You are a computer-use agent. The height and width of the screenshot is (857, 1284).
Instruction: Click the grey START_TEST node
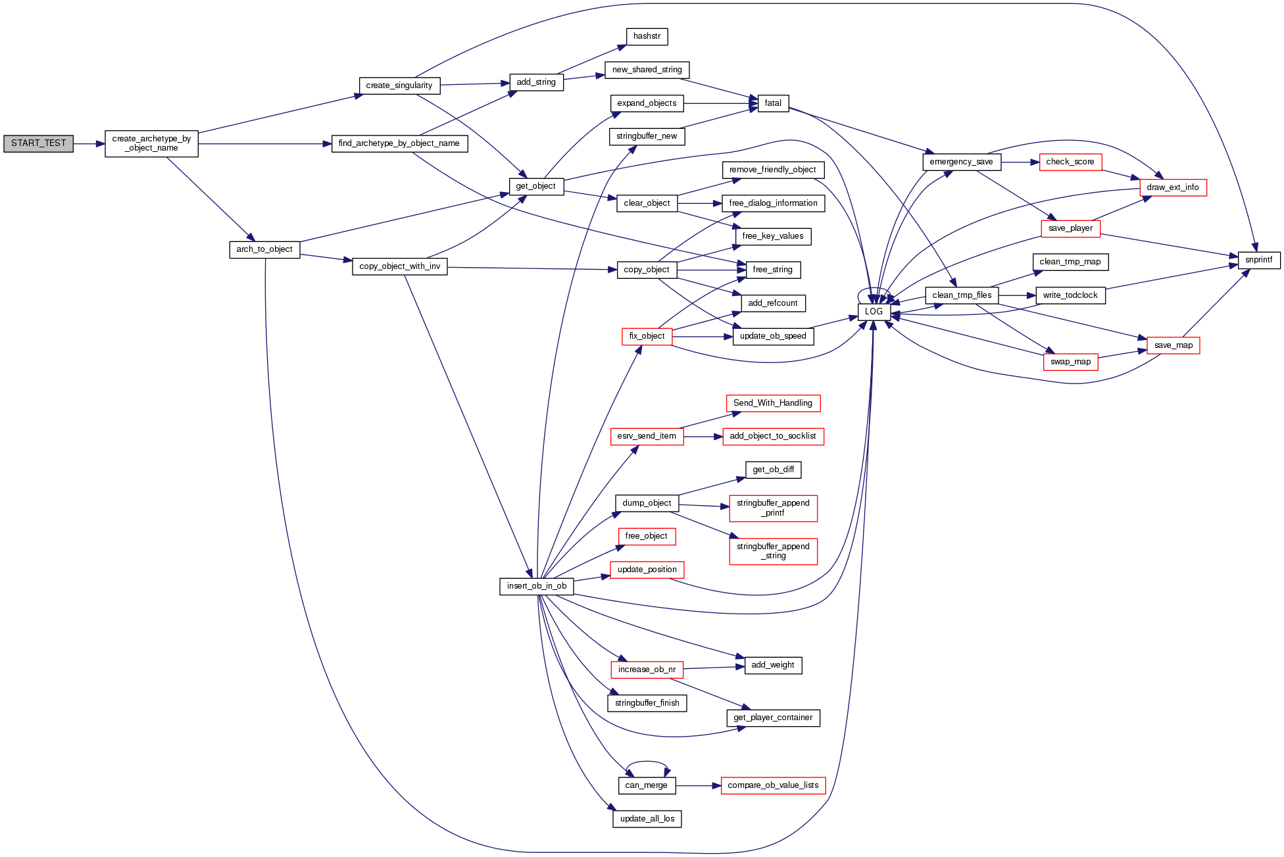tap(38, 143)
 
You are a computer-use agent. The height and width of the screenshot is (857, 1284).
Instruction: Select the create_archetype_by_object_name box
tap(151, 143)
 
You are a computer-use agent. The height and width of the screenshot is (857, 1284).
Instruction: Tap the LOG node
tap(874, 312)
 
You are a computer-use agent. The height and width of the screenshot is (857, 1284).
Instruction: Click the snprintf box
tap(1258, 260)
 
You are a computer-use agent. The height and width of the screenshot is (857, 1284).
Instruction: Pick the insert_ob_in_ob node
tap(536, 586)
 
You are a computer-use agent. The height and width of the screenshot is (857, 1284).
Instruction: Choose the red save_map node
tap(1173, 345)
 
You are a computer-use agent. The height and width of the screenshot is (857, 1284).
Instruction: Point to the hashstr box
tap(647, 37)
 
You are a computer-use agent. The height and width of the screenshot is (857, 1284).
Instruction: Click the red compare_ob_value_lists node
tap(773, 785)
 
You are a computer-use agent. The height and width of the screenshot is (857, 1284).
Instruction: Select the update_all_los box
tap(647, 819)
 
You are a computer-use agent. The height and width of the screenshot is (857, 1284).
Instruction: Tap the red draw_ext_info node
tap(1172, 187)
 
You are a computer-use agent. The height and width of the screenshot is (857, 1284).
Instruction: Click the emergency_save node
tap(961, 162)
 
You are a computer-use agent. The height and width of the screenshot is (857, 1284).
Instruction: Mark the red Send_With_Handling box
tap(772, 403)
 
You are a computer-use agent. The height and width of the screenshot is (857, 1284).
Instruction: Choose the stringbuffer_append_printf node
tap(773, 508)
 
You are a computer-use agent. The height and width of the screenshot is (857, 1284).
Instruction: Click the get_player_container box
tap(773, 718)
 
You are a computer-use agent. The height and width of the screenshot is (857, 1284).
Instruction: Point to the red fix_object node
tap(647, 336)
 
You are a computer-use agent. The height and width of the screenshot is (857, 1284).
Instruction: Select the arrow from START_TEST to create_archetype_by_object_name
tap(89, 143)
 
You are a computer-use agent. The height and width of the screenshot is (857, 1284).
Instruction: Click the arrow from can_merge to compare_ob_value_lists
tap(698, 785)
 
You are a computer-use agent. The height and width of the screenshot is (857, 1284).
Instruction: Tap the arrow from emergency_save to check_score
tap(1020, 162)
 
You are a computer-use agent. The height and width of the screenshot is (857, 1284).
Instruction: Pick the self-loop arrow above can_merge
tap(647, 762)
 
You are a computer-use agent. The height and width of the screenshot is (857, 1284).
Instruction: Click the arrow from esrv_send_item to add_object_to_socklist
tap(703, 437)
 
